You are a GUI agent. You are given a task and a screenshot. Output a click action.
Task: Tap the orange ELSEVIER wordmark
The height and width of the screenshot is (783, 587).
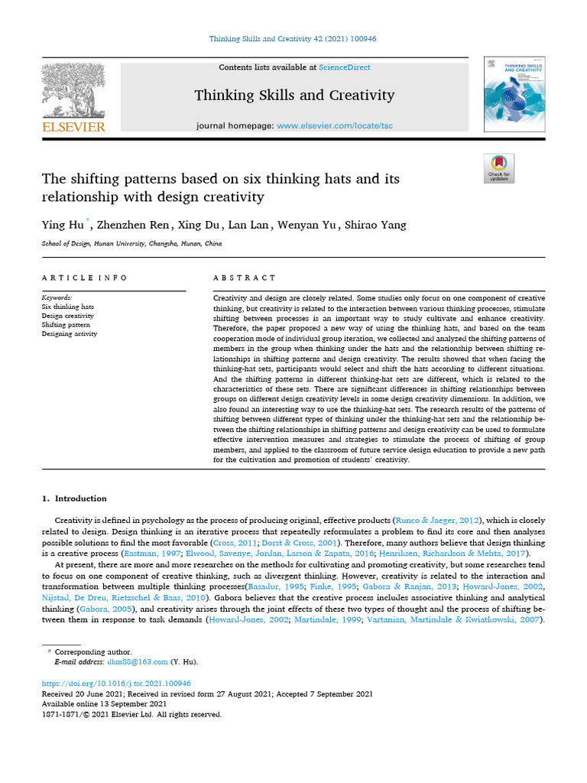pyautogui.click(x=73, y=127)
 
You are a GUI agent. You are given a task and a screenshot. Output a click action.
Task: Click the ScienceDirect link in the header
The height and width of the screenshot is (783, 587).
pyautogui.click(x=345, y=67)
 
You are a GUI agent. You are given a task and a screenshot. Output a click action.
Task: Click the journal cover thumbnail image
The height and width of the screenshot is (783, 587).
pyautogui.click(x=514, y=95)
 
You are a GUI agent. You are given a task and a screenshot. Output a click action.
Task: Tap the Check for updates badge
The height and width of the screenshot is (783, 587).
pyautogui.click(x=499, y=168)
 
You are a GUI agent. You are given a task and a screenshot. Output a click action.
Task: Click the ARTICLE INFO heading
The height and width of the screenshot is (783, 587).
pyautogui.click(x=85, y=278)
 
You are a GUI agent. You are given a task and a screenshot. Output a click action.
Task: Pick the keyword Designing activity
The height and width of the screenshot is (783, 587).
pyautogui.click(x=69, y=334)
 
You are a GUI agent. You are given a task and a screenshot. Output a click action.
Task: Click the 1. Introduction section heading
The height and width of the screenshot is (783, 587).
pyautogui.click(x=74, y=499)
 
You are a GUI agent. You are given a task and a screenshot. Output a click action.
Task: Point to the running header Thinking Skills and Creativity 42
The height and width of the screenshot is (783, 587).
pyautogui.click(x=293, y=37)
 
